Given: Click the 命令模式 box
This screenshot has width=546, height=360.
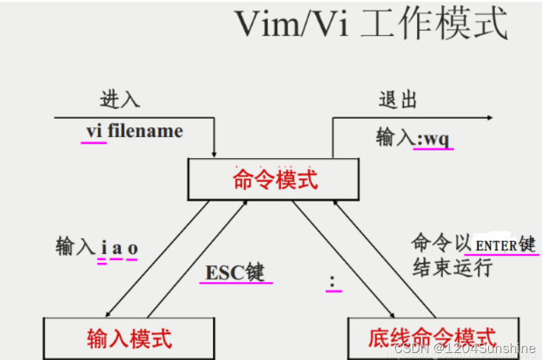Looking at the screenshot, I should [x=275, y=179].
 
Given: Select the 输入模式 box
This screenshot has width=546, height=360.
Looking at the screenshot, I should [x=129, y=339].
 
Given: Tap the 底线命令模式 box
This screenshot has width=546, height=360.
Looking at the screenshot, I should [x=432, y=339].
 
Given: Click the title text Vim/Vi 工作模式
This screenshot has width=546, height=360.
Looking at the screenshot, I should [x=372, y=25].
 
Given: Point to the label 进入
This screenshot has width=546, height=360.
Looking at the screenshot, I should [x=120, y=99].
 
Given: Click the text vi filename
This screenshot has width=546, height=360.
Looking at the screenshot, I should [x=134, y=131].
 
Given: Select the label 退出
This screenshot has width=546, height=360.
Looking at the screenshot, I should [x=398, y=99].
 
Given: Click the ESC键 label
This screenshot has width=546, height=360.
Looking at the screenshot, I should [x=235, y=272].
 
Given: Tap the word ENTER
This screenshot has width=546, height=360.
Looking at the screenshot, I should [x=497, y=245].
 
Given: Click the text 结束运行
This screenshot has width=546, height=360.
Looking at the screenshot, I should [x=452, y=268].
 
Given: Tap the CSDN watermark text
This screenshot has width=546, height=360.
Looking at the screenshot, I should [x=465, y=348].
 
